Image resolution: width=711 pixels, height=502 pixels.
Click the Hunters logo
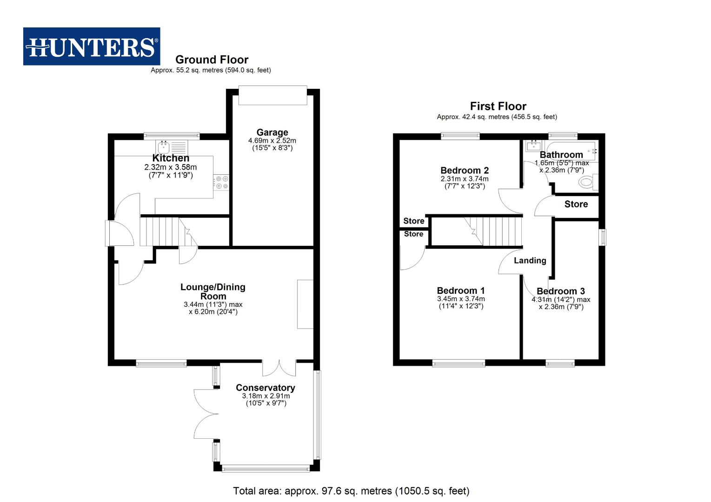pyautogui.click(x=92, y=46)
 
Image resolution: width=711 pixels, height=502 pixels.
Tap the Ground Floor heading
pyautogui.click(x=212, y=59)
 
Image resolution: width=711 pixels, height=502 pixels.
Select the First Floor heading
pyautogui.click(x=498, y=106)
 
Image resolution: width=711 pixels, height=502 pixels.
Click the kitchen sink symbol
pyautogui.click(x=164, y=147)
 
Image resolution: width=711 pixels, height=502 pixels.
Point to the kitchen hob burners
pyautogui.click(x=222, y=182)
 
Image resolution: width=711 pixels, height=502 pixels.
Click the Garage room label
pyautogui.click(x=272, y=132)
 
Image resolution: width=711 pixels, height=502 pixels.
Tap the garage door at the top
pyautogui.click(x=272, y=95)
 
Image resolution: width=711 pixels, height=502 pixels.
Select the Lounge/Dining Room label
pyautogui.click(x=213, y=291)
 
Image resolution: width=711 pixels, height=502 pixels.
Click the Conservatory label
pyautogui.click(x=265, y=388)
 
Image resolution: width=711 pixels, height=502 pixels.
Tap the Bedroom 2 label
pyautogui.click(x=464, y=170)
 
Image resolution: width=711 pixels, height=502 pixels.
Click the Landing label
pyautogui.click(x=530, y=260)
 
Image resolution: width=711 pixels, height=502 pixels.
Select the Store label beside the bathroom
pyautogui.click(x=576, y=204)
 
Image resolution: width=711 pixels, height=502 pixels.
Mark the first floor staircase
pyautogui.click(x=493, y=231)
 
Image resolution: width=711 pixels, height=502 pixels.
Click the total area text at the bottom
pyautogui.click(x=351, y=491)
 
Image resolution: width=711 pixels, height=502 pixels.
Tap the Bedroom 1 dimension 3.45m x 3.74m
pyautogui.click(x=460, y=299)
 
